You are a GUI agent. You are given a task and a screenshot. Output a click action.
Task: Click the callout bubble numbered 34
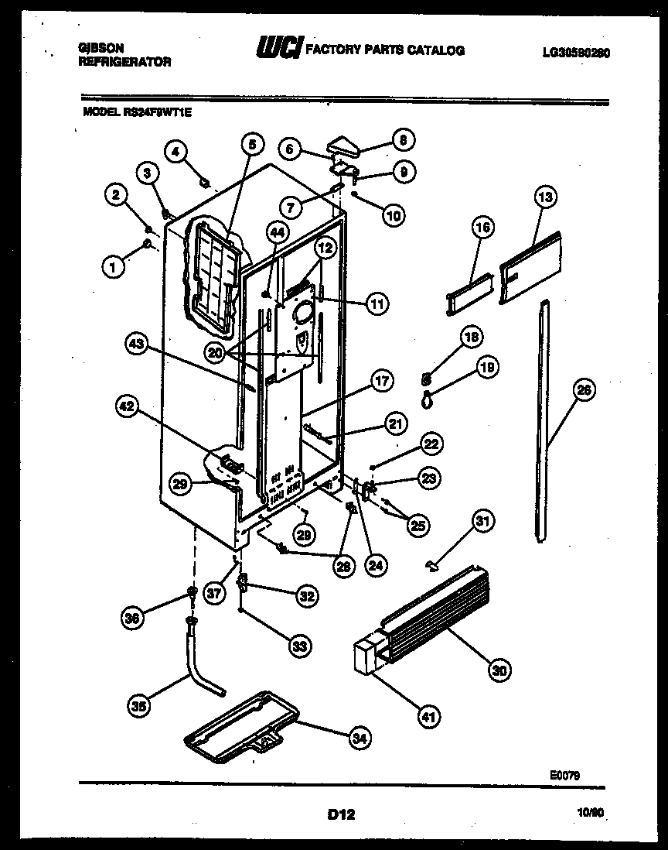tap(358, 739)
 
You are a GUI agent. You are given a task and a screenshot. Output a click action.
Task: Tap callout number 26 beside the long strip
tap(584, 391)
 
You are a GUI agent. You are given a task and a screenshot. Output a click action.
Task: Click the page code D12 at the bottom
tap(340, 814)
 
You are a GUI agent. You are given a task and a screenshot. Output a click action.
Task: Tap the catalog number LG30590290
tap(576, 52)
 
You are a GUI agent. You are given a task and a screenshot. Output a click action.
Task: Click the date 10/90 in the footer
tap(591, 813)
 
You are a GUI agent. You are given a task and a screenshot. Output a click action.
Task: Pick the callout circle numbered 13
tap(545, 198)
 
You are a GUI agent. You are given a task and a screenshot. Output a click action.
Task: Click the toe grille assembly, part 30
tap(433, 612)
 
